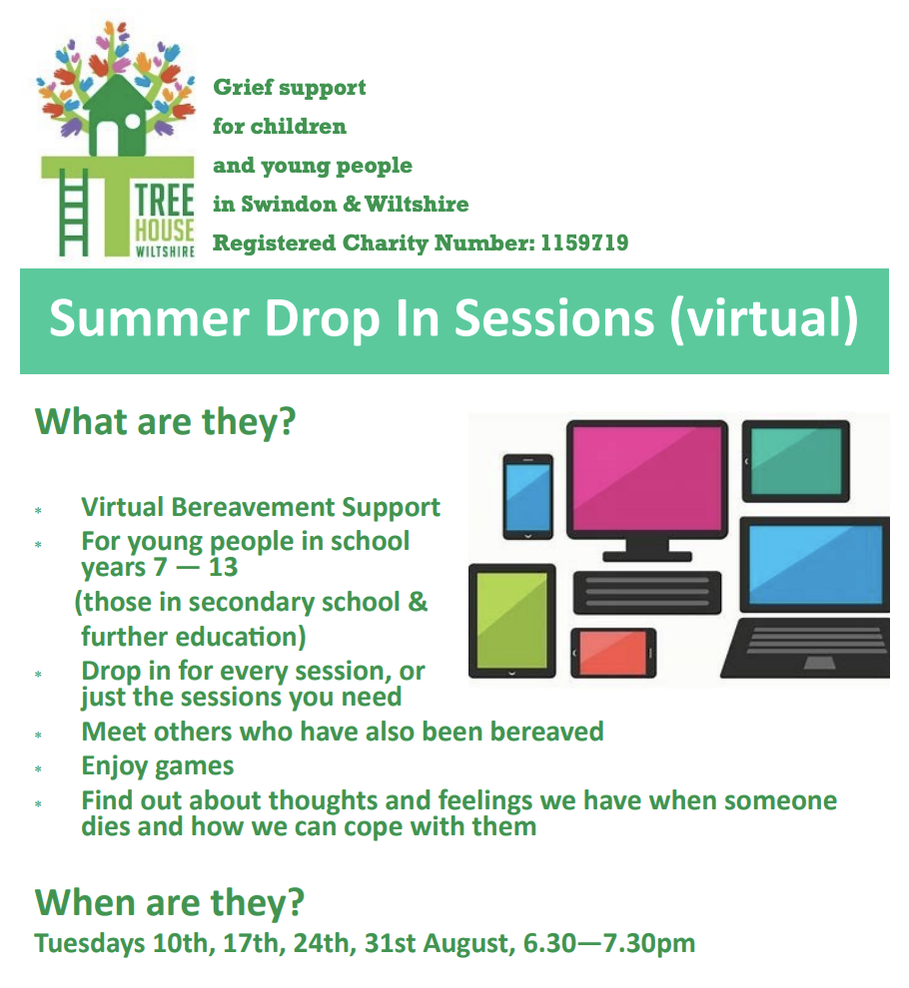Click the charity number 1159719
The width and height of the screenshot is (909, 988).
(x=584, y=243)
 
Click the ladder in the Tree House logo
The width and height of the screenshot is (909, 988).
(x=73, y=213)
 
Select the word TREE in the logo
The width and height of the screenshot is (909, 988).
(x=165, y=200)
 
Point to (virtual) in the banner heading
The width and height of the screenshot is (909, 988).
(x=764, y=319)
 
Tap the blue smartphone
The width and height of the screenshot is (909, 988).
(x=528, y=497)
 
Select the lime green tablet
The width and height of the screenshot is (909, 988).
(x=512, y=621)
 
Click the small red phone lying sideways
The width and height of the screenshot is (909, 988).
(x=613, y=653)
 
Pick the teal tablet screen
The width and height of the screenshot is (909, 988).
(x=795, y=461)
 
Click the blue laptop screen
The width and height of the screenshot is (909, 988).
(x=816, y=565)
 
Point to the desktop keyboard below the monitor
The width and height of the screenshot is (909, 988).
(x=646, y=592)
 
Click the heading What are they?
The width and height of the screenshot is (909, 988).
(x=165, y=422)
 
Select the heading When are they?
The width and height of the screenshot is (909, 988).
(x=170, y=902)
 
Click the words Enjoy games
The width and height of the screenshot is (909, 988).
(x=158, y=766)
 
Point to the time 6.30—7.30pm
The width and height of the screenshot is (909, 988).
(x=609, y=943)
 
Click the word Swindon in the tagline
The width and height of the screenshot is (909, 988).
(x=289, y=205)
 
